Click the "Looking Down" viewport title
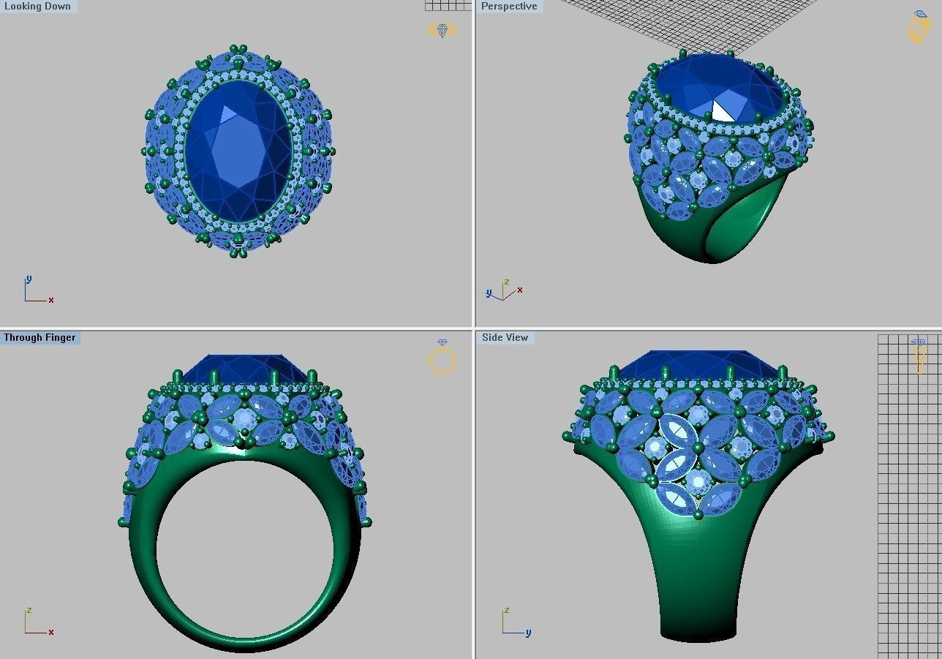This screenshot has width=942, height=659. [38, 7]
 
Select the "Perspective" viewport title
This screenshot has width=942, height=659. [509, 7]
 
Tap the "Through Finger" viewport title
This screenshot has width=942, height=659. [39, 338]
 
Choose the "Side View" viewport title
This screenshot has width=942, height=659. [505, 338]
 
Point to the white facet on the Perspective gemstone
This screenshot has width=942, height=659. [723, 111]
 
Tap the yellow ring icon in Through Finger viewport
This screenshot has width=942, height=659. [442, 358]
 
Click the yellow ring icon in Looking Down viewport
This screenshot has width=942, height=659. [442, 30]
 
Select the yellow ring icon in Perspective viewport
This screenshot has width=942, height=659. [918, 28]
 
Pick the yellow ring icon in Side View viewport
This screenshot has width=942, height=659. [919, 356]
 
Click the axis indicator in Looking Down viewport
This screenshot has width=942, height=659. [37, 290]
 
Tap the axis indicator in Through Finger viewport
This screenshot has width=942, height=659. [37, 622]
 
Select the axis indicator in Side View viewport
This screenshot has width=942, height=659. [515, 622]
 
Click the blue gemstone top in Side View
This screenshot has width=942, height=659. [699, 364]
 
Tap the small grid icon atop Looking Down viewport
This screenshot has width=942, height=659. [448, 5]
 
